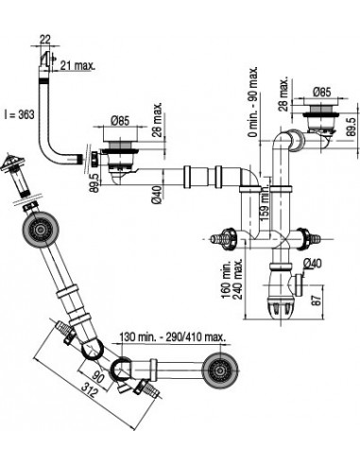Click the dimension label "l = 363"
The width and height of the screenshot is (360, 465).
click(20, 114)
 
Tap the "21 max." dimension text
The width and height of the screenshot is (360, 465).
click(77, 65)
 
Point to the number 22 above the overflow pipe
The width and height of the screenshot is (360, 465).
click(45, 40)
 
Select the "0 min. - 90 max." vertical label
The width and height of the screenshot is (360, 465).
click(252, 101)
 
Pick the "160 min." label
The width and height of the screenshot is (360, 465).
click(226, 280)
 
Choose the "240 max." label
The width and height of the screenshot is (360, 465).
click(237, 280)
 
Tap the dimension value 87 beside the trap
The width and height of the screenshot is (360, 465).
click(317, 300)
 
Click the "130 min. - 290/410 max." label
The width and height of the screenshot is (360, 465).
click(172, 337)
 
